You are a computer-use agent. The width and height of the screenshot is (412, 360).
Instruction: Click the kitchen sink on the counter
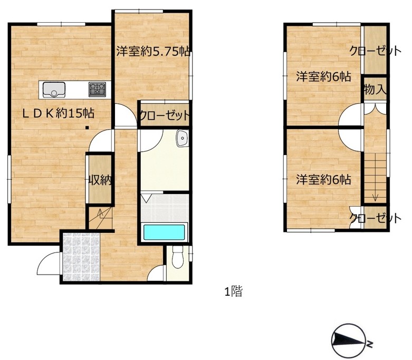click(54, 90)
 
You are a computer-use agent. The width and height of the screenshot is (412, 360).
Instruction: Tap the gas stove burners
click(97, 89)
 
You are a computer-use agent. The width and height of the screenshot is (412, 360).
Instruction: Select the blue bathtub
click(164, 232)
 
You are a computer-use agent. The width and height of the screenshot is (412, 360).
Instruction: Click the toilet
click(178, 257)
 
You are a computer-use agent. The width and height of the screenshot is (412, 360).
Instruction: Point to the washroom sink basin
click(182, 138)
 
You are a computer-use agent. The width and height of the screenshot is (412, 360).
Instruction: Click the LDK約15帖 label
click(58, 113)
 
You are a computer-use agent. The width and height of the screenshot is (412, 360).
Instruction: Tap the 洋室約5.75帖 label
click(153, 51)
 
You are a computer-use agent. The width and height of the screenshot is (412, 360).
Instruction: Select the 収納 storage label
click(100, 180)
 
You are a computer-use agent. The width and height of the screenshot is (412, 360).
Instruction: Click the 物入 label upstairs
click(375, 90)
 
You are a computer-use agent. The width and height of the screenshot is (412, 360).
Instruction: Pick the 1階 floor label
click(233, 291)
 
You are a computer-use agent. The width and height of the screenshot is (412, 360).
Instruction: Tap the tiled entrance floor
click(81, 257)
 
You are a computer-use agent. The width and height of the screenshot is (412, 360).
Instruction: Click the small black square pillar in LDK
click(87, 128)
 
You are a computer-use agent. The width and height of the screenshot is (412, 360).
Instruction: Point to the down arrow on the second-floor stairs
click(375, 197)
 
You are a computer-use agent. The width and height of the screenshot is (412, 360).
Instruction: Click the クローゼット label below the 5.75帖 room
click(165, 115)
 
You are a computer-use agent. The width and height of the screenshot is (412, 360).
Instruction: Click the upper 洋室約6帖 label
click(323, 77)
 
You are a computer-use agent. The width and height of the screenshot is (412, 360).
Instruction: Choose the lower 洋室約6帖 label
click(323, 180)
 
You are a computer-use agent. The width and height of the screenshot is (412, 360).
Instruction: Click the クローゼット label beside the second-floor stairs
click(375, 218)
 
